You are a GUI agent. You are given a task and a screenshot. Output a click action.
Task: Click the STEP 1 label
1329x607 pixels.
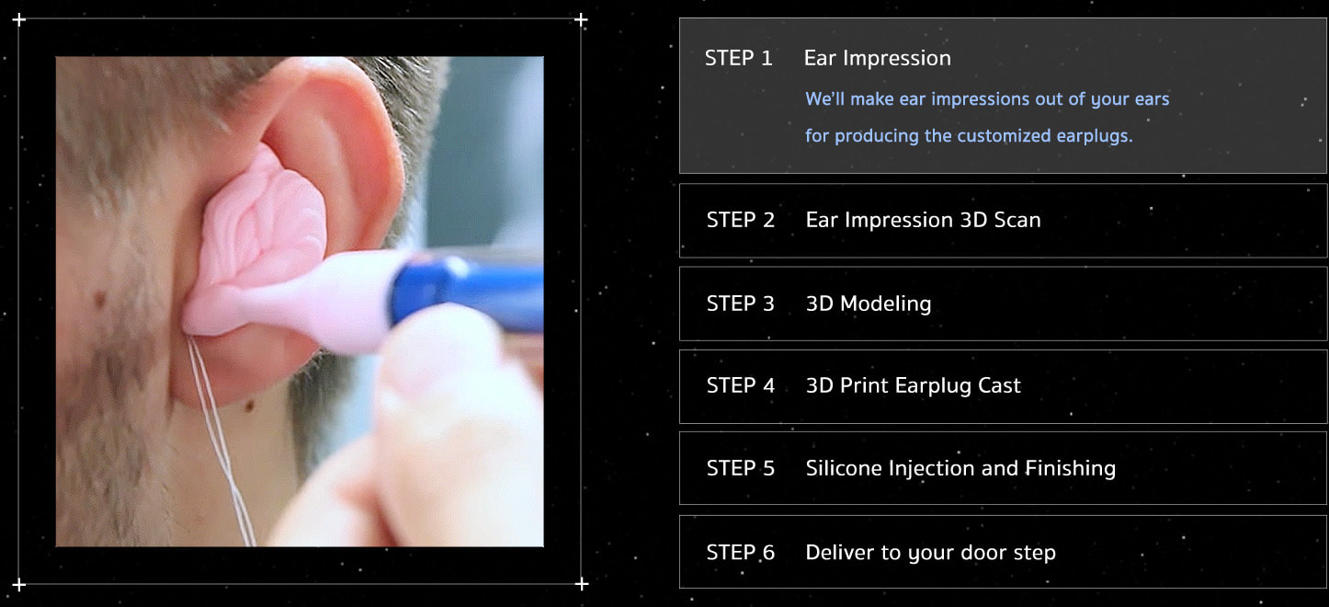tap(739, 58)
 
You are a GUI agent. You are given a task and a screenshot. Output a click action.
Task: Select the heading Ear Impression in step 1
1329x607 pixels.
tap(877, 58)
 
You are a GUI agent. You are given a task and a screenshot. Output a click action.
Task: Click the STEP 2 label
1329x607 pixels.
tap(741, 220)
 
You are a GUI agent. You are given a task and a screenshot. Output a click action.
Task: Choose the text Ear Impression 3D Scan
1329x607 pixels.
tap(923, 220)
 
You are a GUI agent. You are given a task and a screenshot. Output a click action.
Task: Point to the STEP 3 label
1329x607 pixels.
tap(741, 303)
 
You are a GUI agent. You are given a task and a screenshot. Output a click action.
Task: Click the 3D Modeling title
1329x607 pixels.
tap(869, 303)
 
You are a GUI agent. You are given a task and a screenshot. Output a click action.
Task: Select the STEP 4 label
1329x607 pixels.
tap(741, 385)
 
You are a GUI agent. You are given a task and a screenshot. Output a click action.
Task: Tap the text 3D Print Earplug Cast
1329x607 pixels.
tap(913, 385)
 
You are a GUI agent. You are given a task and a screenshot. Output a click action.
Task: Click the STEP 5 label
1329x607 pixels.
tap(741, 468)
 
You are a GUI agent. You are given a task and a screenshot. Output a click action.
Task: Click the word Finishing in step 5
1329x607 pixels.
tap(1071, 469)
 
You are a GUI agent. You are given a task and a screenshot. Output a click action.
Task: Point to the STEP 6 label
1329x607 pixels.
tap(741, 553)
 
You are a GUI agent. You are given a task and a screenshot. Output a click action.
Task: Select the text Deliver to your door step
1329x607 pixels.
tap(930, 553)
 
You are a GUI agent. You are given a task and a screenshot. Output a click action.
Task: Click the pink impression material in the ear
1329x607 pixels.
tap(261, 249)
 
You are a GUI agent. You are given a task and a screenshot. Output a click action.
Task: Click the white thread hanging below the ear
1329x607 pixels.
tap(221, 440)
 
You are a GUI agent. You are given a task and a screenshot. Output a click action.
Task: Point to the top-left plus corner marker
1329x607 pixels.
tap(19, 20)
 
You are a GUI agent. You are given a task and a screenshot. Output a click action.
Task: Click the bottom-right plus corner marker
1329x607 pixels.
tap(582, 584)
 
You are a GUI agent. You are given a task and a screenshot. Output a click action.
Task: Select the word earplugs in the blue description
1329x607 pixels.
tap(1095, 136)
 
